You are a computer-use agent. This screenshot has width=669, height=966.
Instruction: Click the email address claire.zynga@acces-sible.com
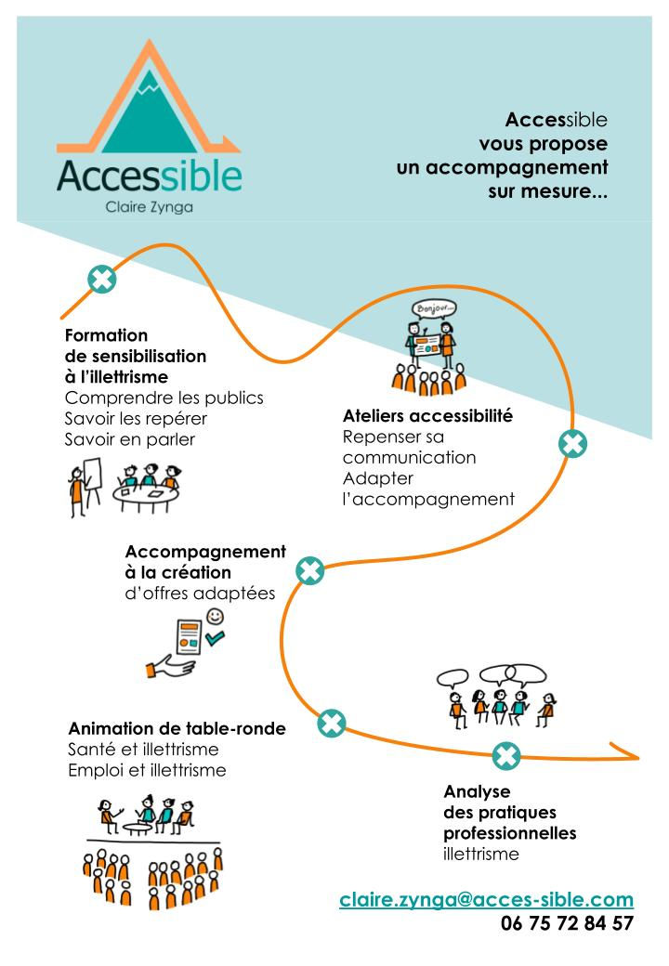click(x=486, y=899)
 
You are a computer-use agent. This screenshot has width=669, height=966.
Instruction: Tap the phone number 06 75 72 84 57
click(x=567, y=923)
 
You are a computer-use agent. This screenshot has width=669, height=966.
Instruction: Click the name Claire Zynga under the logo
click(x=149, y=207)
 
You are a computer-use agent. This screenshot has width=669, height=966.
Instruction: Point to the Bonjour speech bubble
click(x=434, y=308)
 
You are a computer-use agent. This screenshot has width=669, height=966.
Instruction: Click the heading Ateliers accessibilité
click(x=427, y=416)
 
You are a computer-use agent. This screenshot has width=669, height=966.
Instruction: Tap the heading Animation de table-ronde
click(x=177, y=729)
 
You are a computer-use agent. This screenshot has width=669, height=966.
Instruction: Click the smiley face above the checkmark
click(x=215, y=616)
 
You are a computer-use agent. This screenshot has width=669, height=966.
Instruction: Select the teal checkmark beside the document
click(x=215, y=637)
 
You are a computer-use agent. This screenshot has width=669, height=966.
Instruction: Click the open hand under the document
click(x=170, y=666)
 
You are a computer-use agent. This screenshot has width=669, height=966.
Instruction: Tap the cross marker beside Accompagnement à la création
click(x=309, y=570)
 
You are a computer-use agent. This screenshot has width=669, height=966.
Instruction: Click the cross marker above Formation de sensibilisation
click(x=101, y=279)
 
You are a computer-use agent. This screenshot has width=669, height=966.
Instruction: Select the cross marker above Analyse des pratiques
click(x=506, y=755)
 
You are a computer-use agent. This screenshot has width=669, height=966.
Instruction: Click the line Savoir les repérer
click(x=136, y=419)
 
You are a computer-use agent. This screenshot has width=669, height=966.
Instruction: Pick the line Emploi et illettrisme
click(x=147, y=770)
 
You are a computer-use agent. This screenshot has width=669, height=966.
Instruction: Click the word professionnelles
click(x=510, y=833)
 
